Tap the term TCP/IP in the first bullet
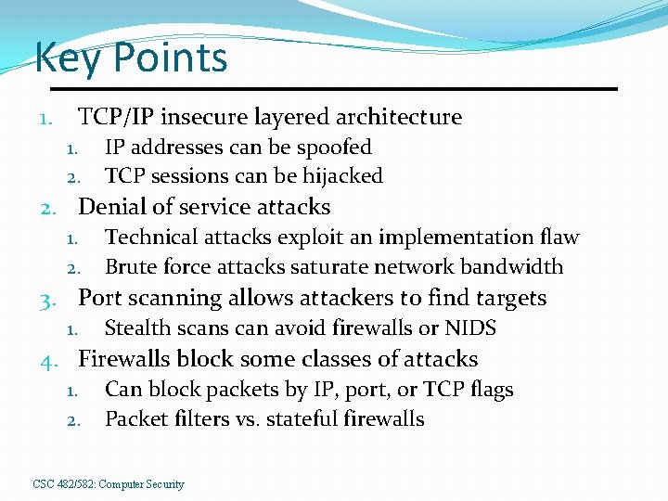point(114,117)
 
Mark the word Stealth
point(136,328)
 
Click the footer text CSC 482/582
point(63,484)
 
